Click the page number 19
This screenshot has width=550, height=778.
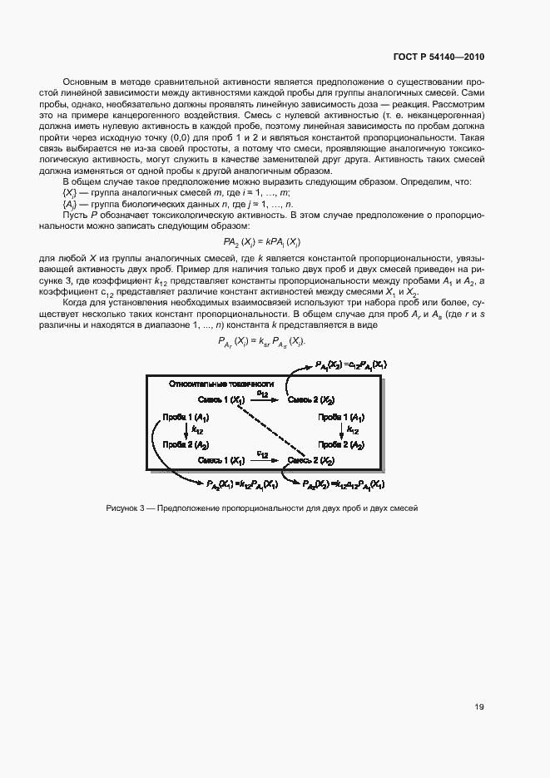coord(479,707)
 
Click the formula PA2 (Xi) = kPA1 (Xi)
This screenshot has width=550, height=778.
coord(275,241)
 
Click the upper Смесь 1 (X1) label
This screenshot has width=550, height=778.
coord(221,400)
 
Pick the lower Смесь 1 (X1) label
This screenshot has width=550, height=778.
coord(221,460)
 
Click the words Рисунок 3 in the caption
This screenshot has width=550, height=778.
coord(126,508)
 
